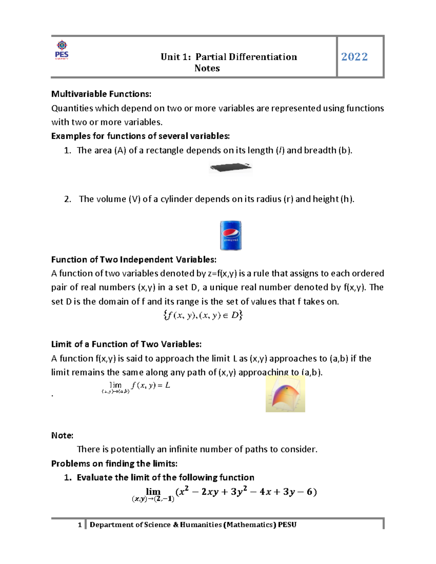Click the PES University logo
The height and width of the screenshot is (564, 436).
[62, 50]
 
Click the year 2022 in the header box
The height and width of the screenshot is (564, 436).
[354, 57]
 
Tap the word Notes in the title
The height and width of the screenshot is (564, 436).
[207, 68]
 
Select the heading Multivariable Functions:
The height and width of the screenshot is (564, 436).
[101, 94]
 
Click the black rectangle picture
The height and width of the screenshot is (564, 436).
[231, 168]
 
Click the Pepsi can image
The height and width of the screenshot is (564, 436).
[231, 235]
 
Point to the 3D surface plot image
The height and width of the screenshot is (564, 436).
[285, 394]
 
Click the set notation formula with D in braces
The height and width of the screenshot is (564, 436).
[203, 315]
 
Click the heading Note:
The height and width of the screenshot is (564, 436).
[62, 435]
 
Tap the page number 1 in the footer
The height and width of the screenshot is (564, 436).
[80, 525]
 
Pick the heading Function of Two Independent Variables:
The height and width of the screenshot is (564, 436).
[134, 260]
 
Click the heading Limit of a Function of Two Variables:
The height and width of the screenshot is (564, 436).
[126, 344]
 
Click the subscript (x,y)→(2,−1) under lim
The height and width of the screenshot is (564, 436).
[153, 499]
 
